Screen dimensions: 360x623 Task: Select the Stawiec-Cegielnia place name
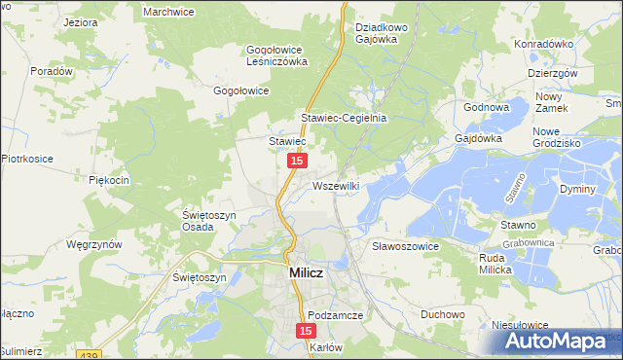pos(344,118)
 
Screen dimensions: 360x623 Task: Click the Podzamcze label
pos(336,316)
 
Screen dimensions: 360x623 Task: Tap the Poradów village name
pos(53,71)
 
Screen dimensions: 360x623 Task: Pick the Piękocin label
pos(109,181)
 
